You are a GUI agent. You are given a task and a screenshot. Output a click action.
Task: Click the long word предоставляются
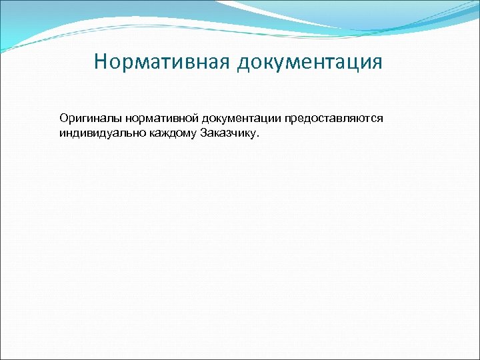(x=334, y=118)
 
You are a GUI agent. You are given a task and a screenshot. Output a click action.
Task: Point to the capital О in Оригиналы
(x=63, y=118)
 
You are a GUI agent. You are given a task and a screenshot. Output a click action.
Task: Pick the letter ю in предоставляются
(x=363, y=119)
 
